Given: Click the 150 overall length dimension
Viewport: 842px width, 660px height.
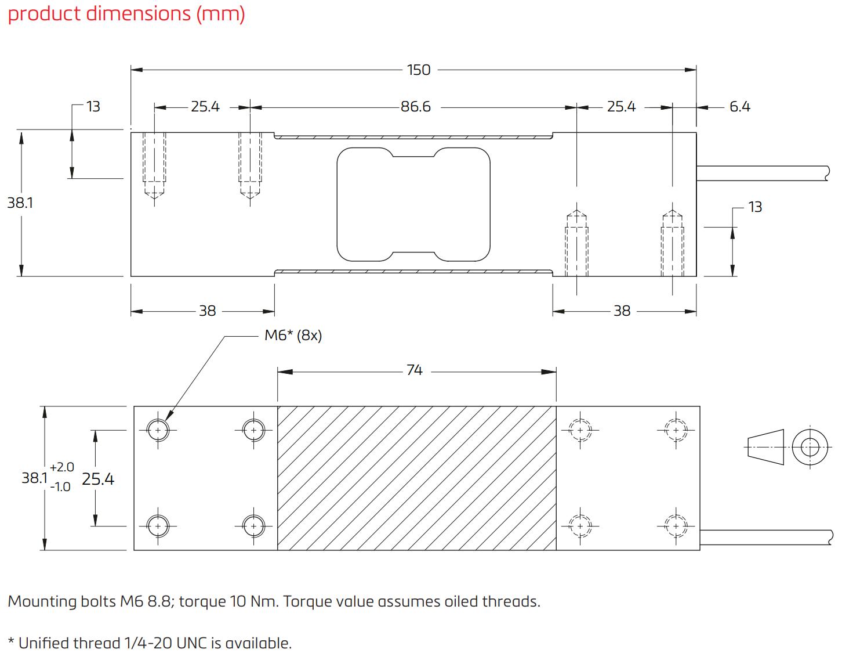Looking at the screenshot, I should tap(418, 70).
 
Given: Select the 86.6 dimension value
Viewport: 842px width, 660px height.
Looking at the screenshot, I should tap(416, 107).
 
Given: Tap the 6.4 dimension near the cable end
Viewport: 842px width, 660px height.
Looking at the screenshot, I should tap(739, 107).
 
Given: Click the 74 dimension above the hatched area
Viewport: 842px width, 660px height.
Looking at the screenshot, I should tap(414, 370).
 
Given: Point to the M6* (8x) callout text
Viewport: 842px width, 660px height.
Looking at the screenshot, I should tap(293, 336).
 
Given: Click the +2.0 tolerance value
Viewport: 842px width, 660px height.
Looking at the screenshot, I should tap(62, 467).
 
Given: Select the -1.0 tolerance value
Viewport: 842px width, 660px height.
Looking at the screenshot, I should tap(60, 487).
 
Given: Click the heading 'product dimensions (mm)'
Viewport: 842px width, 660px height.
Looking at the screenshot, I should tap(126, 13).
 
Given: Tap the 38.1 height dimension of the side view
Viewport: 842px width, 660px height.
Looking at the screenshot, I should tap(20, 203).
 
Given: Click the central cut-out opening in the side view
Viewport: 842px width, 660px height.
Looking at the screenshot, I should tap(413, 204).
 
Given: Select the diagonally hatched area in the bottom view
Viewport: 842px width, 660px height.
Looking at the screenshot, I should tap(416, 478).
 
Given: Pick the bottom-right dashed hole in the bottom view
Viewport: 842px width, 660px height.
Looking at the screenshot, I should tap(675, 526).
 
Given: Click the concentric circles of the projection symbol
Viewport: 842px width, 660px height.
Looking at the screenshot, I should tap(810, 447).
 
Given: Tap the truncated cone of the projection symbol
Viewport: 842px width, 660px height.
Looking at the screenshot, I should tap(765, 447).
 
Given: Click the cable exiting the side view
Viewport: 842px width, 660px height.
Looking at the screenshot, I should tap(763, 173).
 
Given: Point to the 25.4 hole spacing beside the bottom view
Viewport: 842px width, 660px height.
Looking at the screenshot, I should tap(98, 479).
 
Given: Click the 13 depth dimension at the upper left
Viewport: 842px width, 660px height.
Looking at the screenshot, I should tap(93, 107).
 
